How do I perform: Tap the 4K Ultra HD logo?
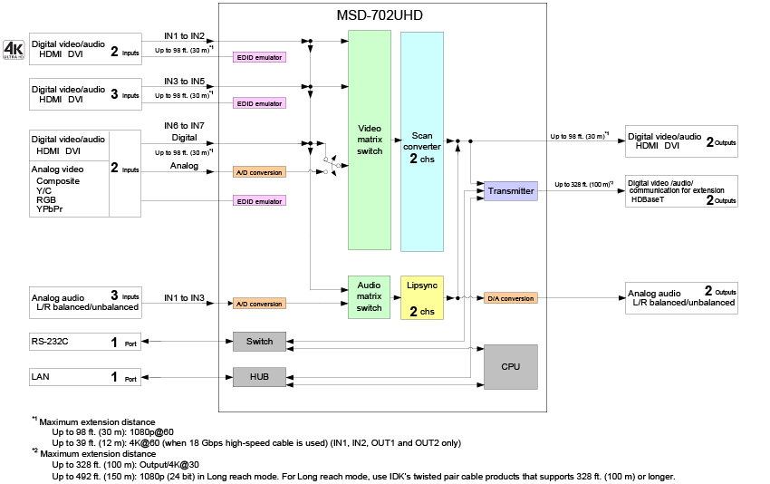(13, 49)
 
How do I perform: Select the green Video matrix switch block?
(370, 140)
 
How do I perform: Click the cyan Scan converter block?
(421, 140)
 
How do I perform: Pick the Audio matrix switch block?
(370, 296)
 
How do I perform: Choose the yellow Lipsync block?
(421, 296)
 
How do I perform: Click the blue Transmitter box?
(511, 190)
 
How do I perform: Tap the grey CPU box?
(511, 366)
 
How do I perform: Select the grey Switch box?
(260, 342)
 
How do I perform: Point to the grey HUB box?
(260, 376)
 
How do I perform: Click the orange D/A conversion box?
(510, 297)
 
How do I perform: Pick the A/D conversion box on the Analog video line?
(259, 171)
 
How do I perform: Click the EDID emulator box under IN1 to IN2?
(259, 57)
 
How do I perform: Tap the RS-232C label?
(49, 343)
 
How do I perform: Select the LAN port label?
(40, 377)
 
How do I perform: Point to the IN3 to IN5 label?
(184, 82)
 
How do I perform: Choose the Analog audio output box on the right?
(681, 297)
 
